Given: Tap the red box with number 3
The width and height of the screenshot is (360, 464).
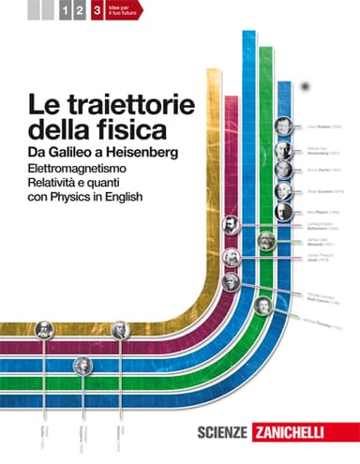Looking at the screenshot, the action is (x=96, y=13).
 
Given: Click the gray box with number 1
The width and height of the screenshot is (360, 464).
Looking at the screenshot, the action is (x=64, y=13).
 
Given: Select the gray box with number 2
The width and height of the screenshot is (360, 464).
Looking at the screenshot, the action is (x=80, y=13).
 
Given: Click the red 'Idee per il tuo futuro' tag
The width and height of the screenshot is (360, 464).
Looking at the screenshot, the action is (x=118, y=13).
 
